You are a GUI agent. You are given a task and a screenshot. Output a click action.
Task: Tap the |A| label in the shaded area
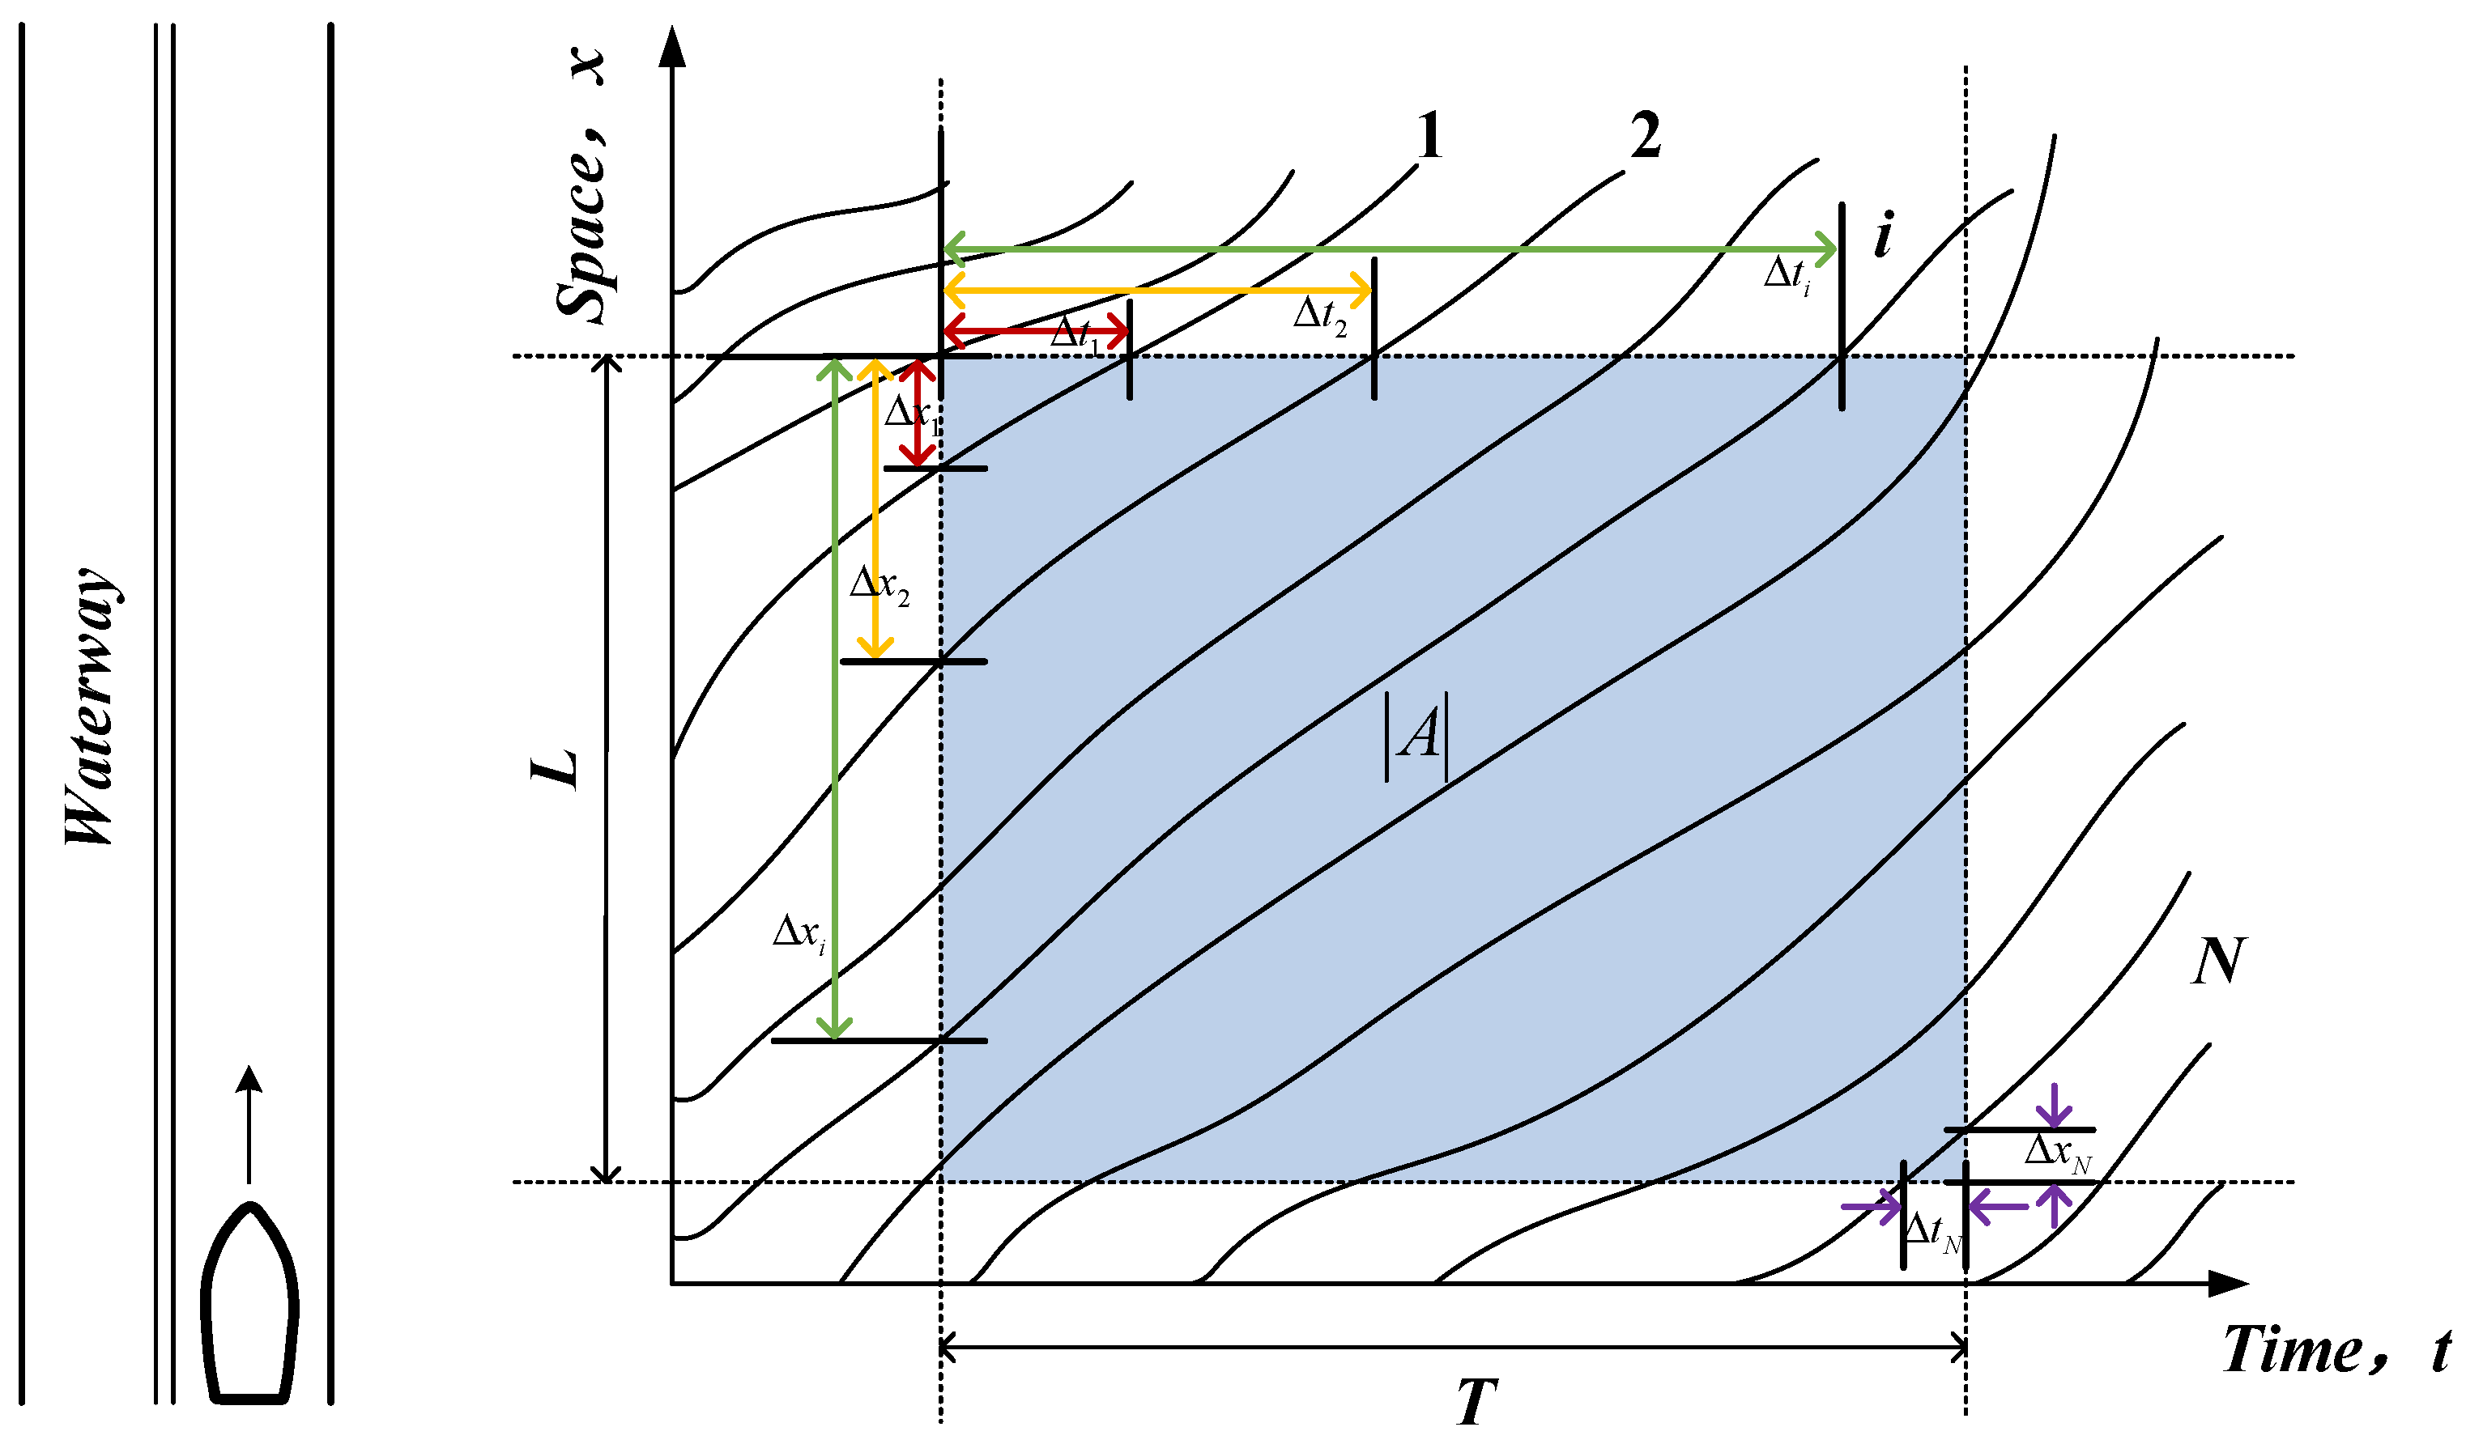pyautogui.click(x=1416, y=736)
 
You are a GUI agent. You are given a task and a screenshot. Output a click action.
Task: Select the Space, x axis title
pyautogui.click(x=581, y=186)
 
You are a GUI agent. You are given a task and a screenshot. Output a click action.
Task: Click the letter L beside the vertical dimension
pyautogui.click(x=555, y=770)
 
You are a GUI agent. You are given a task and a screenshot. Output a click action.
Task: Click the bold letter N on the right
pyautogui.click(x=2218, y=962)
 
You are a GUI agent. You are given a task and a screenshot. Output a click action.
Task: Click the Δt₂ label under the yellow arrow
pyautogui.click(x=1320, y=316)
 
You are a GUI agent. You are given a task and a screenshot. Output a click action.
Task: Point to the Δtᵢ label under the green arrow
pyautogui.click(x=1787, y=275)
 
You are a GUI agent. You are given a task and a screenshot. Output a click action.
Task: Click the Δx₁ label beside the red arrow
pyautogui.click(x=911, y=414)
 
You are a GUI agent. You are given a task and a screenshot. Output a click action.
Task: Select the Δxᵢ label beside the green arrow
pyautogui.click(x=799, y=933)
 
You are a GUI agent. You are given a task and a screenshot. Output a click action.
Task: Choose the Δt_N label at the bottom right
pyautogui.click(x=1932, y=1232)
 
